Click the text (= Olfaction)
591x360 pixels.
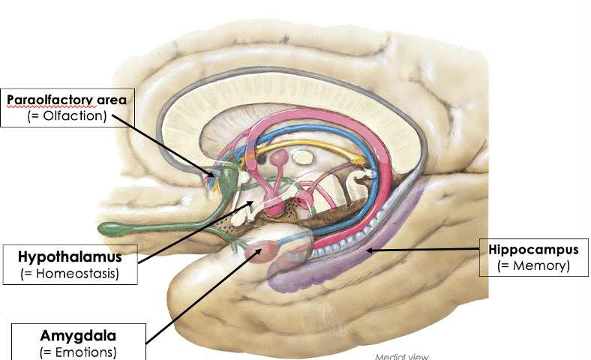63,115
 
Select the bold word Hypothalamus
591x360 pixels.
70,257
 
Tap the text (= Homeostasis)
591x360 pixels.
70,274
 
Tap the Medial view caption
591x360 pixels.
401,356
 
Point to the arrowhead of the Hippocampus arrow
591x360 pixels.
367,253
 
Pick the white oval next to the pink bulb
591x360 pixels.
304,157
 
